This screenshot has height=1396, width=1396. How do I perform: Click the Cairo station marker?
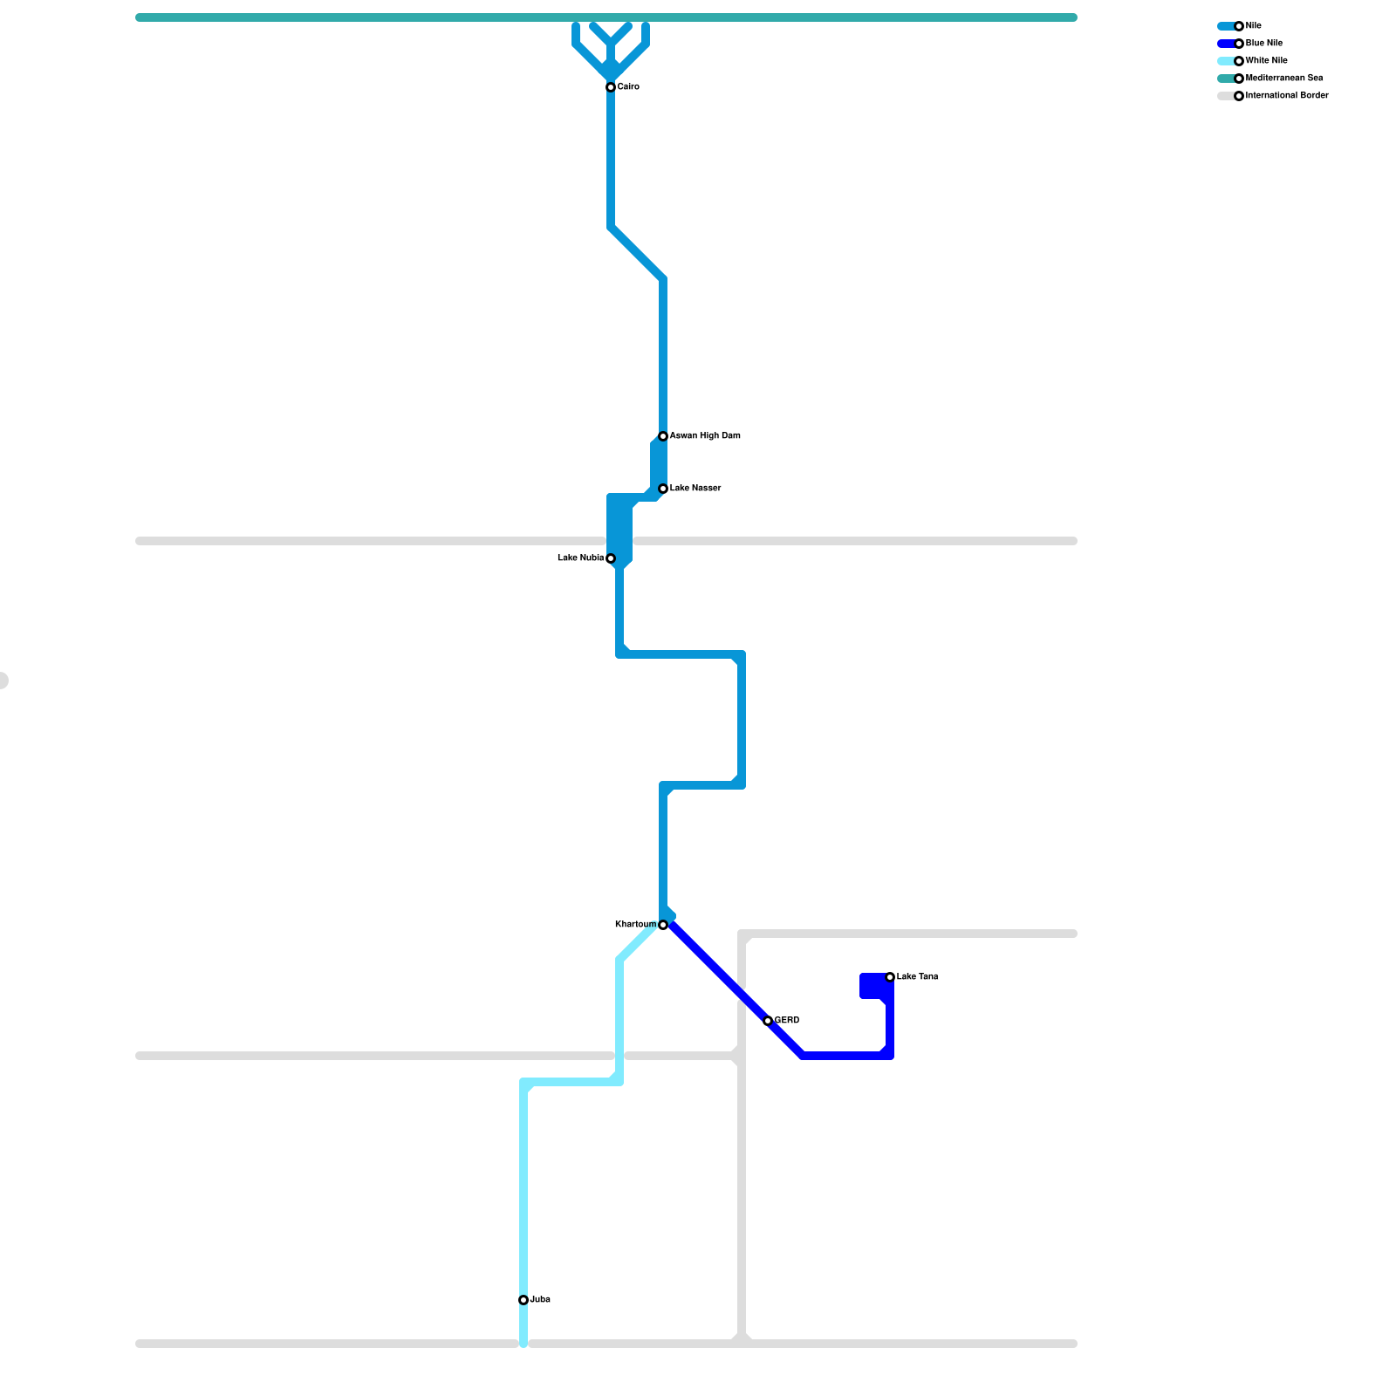coord(611,87)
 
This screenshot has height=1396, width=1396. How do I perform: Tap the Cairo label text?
coord(628,87)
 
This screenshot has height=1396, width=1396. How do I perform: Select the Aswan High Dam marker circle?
coord(663,436)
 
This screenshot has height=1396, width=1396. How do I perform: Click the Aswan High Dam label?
coord(705,436)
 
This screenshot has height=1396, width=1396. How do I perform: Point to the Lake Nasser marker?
coord(663,489)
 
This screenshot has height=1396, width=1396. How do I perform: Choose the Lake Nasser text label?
coord(695,489)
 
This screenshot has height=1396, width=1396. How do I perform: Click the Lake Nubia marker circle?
coord(611,558)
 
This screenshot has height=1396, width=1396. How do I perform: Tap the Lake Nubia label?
coord(580,558)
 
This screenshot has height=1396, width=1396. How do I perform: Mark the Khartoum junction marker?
coord(663,925)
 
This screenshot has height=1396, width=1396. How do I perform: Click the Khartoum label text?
coord(635,925)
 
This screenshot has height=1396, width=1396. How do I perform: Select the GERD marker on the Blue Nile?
coord(768,1021)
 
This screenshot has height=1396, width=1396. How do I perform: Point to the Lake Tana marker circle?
coord(890,977)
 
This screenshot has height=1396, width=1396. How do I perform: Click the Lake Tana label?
coord(917,977)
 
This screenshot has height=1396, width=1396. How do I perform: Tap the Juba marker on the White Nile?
coord(523,1300)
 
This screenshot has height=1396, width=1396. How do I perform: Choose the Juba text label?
coord(540,1300)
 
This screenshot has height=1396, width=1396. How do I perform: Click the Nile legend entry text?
coord(1254,26)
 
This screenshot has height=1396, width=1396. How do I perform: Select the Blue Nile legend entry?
coord(1264,44)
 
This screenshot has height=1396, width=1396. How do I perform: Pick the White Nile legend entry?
coord(1267,61)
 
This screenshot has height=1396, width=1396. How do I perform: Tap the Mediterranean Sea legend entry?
coord(1284,79)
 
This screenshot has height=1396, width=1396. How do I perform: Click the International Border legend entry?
coord(1287,96)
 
